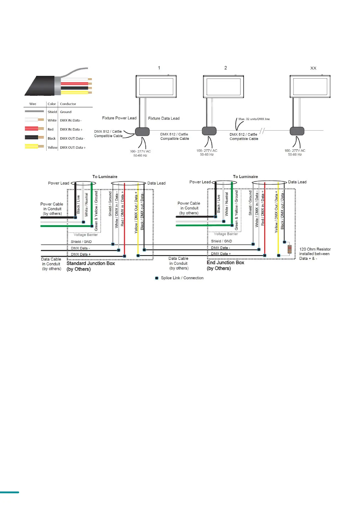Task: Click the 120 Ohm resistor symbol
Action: [x=290, y=249]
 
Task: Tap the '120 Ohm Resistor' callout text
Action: [x=315, y=249]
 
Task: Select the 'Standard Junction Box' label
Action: [x=91, y=264]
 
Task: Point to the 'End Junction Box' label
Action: [x=225, y=263]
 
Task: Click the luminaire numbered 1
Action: [x=156, y=87]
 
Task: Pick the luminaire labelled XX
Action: [x=310, y=87]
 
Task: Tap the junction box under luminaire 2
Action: [x=209, y=131]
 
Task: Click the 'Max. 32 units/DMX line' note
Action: [x=254, y=119]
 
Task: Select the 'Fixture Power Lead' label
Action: [x=119, y=118]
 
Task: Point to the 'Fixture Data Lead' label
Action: [x=164, y=118]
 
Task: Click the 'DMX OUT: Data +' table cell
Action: [x=73, y=148]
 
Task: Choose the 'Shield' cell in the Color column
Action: [x=52, y=112]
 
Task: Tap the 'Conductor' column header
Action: [x=68, y=104]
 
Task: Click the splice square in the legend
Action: [x=157, y=278]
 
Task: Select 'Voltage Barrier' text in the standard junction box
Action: [x=86, y=235]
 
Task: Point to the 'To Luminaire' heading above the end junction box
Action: [x=245, y=177]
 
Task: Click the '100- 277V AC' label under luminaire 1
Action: [x=140, y=151]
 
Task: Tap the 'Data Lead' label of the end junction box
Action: [x=297, y=182]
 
